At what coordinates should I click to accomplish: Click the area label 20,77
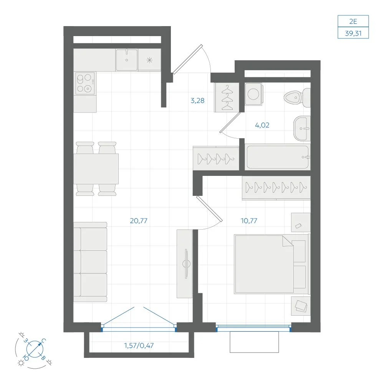pos(139,221)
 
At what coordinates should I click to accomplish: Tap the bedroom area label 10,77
pos(249,221)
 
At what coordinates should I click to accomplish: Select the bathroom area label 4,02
pos(262,125)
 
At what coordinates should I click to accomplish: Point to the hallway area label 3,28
pos(197,100)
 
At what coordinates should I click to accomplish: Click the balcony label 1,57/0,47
pos(139,346)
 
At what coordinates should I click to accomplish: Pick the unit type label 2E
pos(353,21)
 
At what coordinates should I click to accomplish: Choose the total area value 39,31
pos(353,33)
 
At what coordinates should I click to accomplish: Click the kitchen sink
pos(127,60)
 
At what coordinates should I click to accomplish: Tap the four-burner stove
pos(85,83)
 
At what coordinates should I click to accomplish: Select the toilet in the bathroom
pos(297,98)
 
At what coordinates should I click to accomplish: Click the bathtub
pos(278,157)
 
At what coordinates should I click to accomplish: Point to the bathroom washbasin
pos(302,128)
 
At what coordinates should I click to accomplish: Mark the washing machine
pos(253,94)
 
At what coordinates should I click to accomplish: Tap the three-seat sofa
pos(90,262)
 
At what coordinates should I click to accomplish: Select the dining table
pos(96,169)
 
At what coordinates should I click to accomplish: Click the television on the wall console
pos(186,263)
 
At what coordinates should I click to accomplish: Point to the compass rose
pos(35,349)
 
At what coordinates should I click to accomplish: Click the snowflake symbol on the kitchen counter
pos(149,60)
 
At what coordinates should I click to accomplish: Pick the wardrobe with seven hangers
pos(276,188)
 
